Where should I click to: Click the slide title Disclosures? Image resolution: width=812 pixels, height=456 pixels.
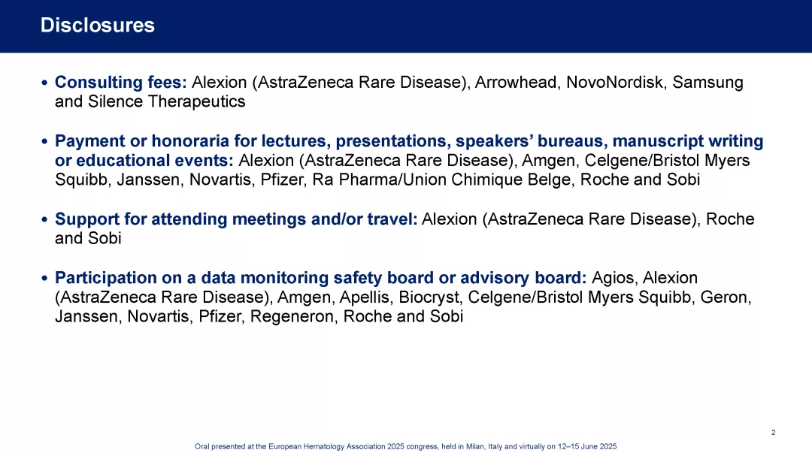click(x=97, y=25)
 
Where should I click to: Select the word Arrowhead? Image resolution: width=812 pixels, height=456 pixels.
click(x=517, y=83)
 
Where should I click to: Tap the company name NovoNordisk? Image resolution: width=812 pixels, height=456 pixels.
click(x=614, y=83)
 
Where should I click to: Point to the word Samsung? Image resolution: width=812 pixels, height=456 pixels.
click(x=707, y=83)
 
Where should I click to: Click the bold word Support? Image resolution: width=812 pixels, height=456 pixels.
click(x=87, y=219)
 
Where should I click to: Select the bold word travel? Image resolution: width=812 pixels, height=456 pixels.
click(x=392, y=219)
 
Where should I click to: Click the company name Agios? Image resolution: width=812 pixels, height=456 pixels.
click(x=613, y=278)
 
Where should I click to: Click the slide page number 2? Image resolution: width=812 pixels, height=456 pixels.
click(x=773, y=432)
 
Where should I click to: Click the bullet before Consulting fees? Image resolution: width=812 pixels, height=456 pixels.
click(x=44, y=83)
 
